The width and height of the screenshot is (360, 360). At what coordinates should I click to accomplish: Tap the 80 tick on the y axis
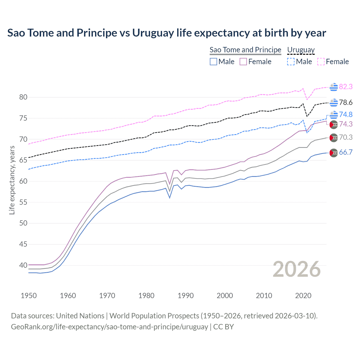coord(23,97)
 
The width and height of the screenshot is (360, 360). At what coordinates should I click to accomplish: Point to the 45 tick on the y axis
coord(23,244)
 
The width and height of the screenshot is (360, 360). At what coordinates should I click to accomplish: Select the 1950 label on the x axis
coord(29,296)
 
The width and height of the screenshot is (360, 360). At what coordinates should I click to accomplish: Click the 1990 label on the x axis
coord(186,296)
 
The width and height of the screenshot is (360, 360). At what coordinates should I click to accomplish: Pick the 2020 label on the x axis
coord(303,296)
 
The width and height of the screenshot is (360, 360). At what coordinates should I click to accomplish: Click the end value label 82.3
coord(346,87)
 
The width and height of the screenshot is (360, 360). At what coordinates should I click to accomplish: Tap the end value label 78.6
coord(346,103)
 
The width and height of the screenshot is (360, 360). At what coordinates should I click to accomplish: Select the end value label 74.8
coord(346,114)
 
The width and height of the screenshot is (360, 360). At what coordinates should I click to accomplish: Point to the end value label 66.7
coord(346,152)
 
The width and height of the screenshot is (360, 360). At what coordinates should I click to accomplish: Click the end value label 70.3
coord(346,137)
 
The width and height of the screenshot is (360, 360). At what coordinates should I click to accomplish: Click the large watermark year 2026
coord(297,269)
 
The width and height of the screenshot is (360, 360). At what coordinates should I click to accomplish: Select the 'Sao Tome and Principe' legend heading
coord(245,50)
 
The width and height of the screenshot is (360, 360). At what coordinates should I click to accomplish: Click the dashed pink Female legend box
coord(321,62)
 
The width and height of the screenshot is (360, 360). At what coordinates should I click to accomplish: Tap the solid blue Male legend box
coord(213,62)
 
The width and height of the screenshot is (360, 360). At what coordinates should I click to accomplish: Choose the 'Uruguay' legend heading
coord(301,50)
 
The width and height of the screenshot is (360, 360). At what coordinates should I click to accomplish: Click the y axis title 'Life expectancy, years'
coord(12,180)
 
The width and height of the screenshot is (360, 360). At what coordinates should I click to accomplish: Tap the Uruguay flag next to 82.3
coord(334,87)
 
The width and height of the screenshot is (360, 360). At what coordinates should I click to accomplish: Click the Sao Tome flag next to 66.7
coord(334,153)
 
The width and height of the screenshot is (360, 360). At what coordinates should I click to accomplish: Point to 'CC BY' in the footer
coord(224,327)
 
